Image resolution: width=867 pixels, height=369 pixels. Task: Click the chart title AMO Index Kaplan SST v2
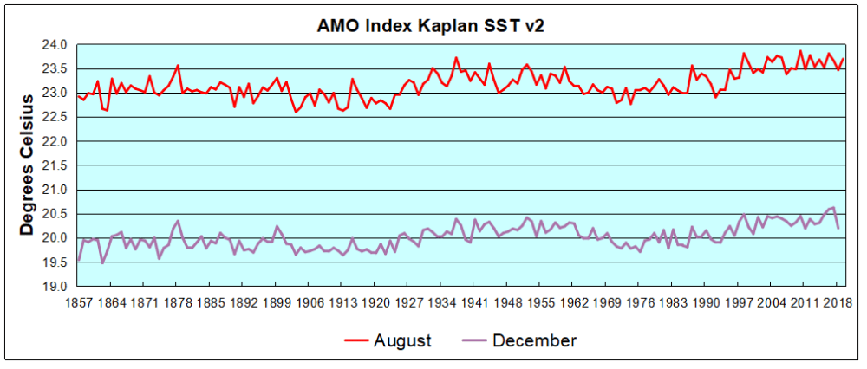[x=431, y=26]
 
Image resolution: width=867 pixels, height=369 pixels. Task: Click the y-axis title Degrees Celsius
[x=27, y=165]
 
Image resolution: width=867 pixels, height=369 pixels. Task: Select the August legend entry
[x=402, y=340]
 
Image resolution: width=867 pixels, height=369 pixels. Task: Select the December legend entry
[x=534, y=340]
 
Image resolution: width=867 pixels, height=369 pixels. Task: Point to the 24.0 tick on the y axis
[x=55, y=44]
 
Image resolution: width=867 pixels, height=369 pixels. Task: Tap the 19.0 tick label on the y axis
[x=55, y=287]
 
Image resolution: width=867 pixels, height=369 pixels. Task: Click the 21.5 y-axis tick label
[x=55, y=165]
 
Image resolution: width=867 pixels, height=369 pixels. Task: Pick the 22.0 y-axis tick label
[x=55, y=141]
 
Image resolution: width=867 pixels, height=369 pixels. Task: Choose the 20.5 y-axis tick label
[x=55, y=214]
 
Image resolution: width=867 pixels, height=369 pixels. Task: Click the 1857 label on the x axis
[x=78, y=303]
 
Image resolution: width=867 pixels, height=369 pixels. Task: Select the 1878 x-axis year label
[x=177, y=303]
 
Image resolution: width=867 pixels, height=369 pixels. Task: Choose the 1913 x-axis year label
[x=342, y=303]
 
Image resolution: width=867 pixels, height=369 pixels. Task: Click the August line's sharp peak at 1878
[x=178, y=66]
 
